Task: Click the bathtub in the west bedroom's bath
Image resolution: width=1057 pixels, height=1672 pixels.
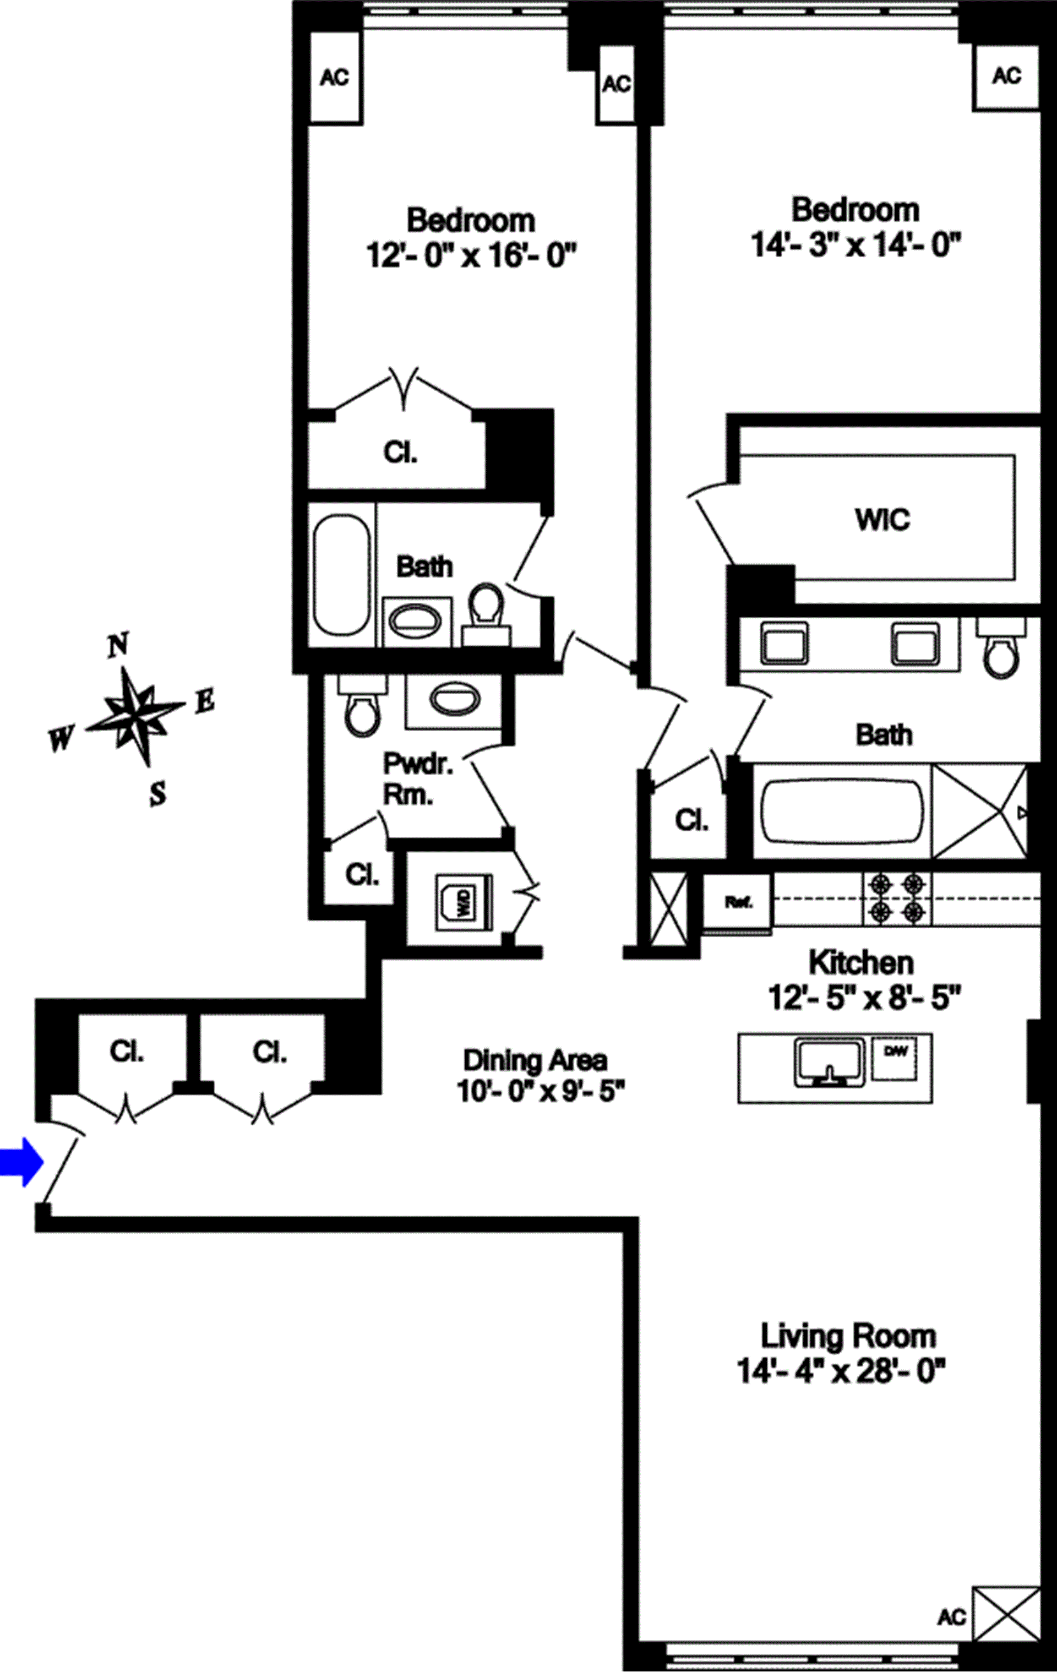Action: tap(341, 574)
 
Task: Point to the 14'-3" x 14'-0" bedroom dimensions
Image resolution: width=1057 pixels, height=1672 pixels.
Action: tap(856, 245)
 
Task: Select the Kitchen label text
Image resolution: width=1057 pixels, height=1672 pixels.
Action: tap(860, 962)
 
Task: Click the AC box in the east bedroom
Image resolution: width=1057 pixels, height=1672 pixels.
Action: tap(1006, 75)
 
